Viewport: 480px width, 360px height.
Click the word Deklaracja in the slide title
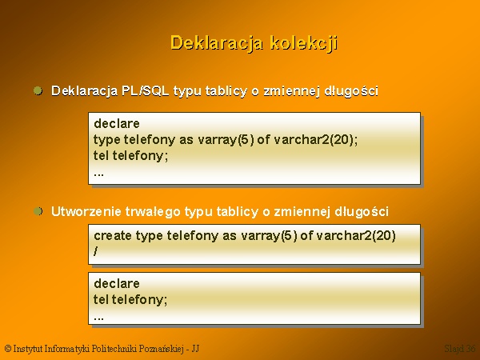pyautogui.click(x=217, y=43)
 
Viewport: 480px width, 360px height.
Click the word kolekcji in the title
pyautogui.click(x=304, y=43)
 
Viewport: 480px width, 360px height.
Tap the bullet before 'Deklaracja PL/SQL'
pyautogui.click(x=38, y=90)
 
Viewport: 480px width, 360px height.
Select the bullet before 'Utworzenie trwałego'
pyautogui.click(x=38, y=211)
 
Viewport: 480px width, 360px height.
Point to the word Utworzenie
pyautogui.click(x=86, y=211)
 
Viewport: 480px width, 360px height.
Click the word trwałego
pyautogui.click(x=153, y=212)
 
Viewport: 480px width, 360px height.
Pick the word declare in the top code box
pyautogui.click(x=117, y=124)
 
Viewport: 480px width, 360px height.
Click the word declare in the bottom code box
pyautogui.click(x=117, y=283)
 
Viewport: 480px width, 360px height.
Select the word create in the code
pyautogui.click(x=113, y=236)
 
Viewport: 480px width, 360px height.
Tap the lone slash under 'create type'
pyautogui.click(x=96, y=251)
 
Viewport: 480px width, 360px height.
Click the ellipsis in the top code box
pyautogui.click(x=99, y=174)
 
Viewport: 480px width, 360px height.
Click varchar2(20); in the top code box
pyautogui.click(x=316, y=140)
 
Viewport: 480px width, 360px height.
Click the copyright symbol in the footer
pyautogui.click(x=8, y=349)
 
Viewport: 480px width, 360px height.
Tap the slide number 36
pyautogui.click(x=471, y=348)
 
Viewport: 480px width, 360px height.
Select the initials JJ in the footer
pyautogui.click(x=195, y=349)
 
